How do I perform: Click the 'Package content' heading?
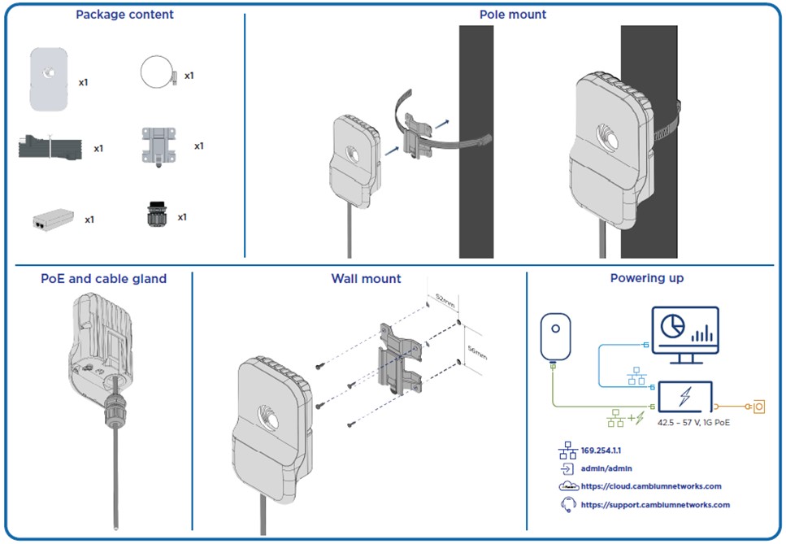coord(124,15)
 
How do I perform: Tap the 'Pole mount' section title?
coord(513,15)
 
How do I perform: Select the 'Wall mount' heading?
coord(366,279)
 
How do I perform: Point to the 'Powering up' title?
coord(647,278)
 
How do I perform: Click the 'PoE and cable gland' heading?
coord(103,279)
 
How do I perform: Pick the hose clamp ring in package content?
coord(156,72)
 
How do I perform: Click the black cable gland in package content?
coord(154,215)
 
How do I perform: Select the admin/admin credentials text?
coord(606,468)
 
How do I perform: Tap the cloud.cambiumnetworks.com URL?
coord(651,486)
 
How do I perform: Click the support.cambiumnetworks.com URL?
coord(654,504)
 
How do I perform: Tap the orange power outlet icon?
coord(759,403)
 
